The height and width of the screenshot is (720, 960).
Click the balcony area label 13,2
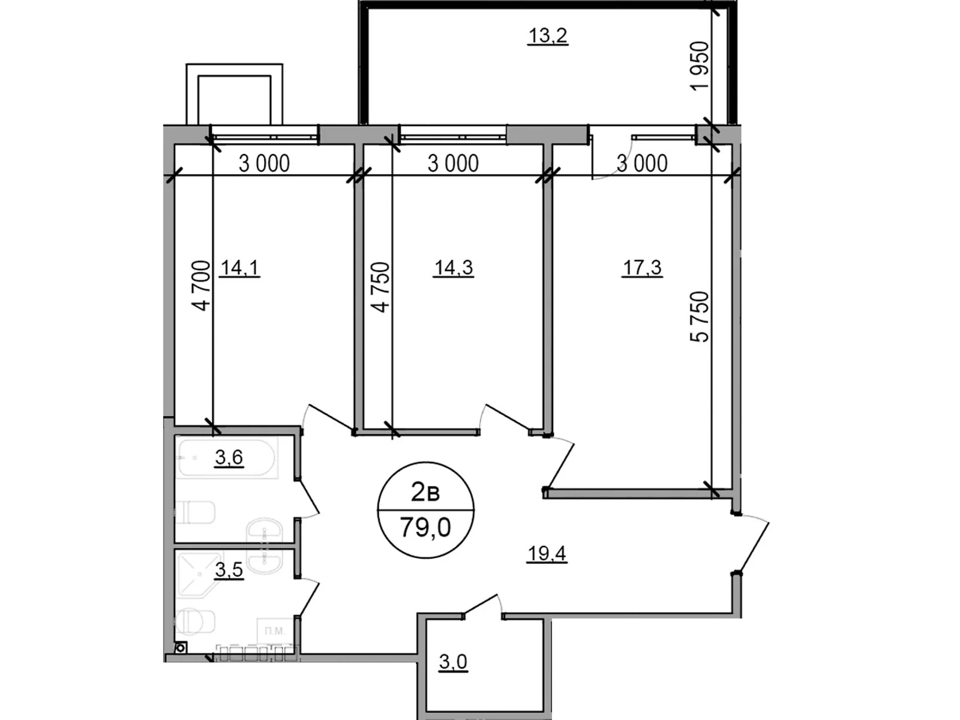[547, 36]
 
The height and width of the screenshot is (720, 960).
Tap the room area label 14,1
[239, 268]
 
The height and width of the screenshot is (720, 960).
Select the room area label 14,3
[453, 268]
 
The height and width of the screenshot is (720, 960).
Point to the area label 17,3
[641, 268]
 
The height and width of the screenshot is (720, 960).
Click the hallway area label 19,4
[547, 553]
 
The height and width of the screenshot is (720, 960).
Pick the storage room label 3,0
[452, 662]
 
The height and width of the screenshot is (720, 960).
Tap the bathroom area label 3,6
[229, 458]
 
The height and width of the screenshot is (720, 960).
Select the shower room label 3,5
[229, 569]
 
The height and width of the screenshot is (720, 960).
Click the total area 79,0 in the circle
[425, 528]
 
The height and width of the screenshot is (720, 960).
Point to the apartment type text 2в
[425, 493]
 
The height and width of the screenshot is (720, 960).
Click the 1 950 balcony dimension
[700, 65]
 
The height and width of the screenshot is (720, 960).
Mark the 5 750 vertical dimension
[700, 316]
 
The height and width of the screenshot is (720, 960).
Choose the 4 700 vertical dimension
[202, 286]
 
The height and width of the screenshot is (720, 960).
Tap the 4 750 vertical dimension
[380, 287]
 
